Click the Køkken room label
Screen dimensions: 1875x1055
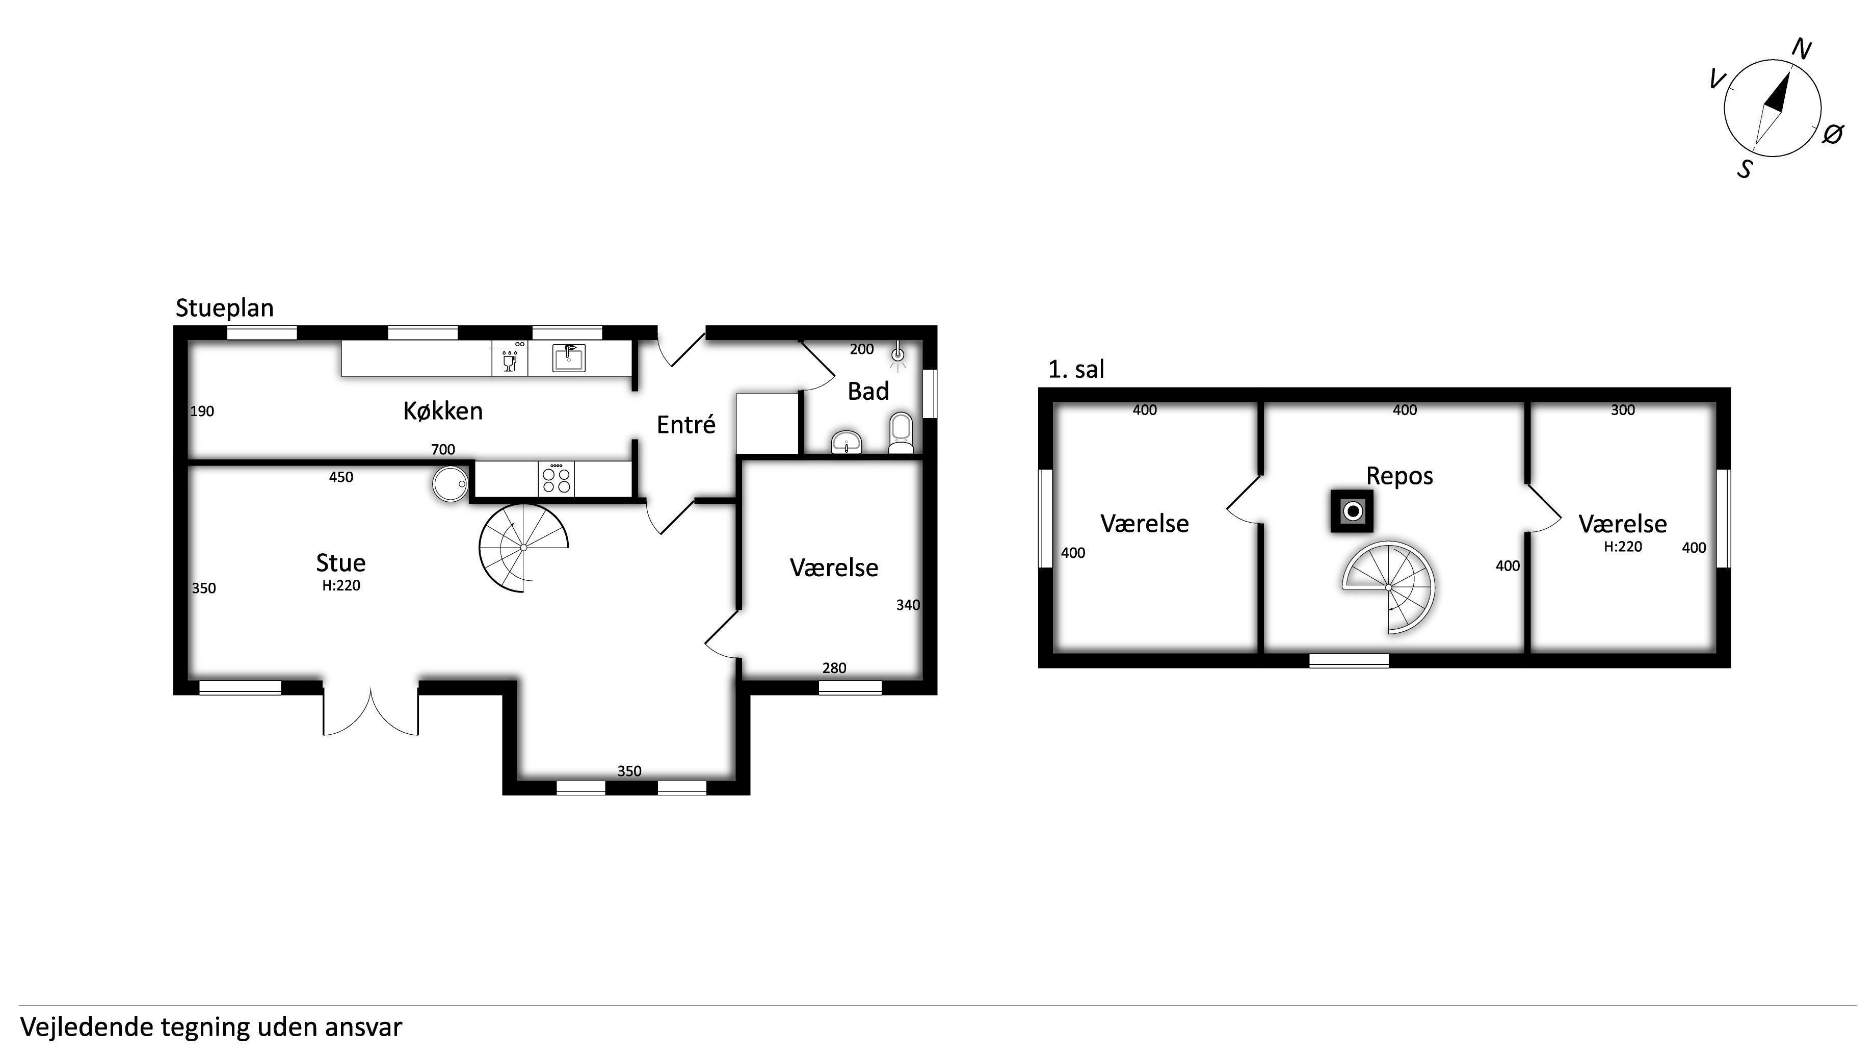pos(442,411)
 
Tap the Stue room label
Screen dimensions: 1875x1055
pos(340,563)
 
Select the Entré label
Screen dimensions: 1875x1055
pos(685,424)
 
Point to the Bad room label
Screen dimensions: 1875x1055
pos(867,392)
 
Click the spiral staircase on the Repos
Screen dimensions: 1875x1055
pos(1389,587)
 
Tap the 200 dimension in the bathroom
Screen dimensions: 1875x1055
pos(862,349)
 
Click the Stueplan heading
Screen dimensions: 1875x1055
pos(224,308)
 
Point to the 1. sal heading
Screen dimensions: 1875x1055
pos(1076,370)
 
